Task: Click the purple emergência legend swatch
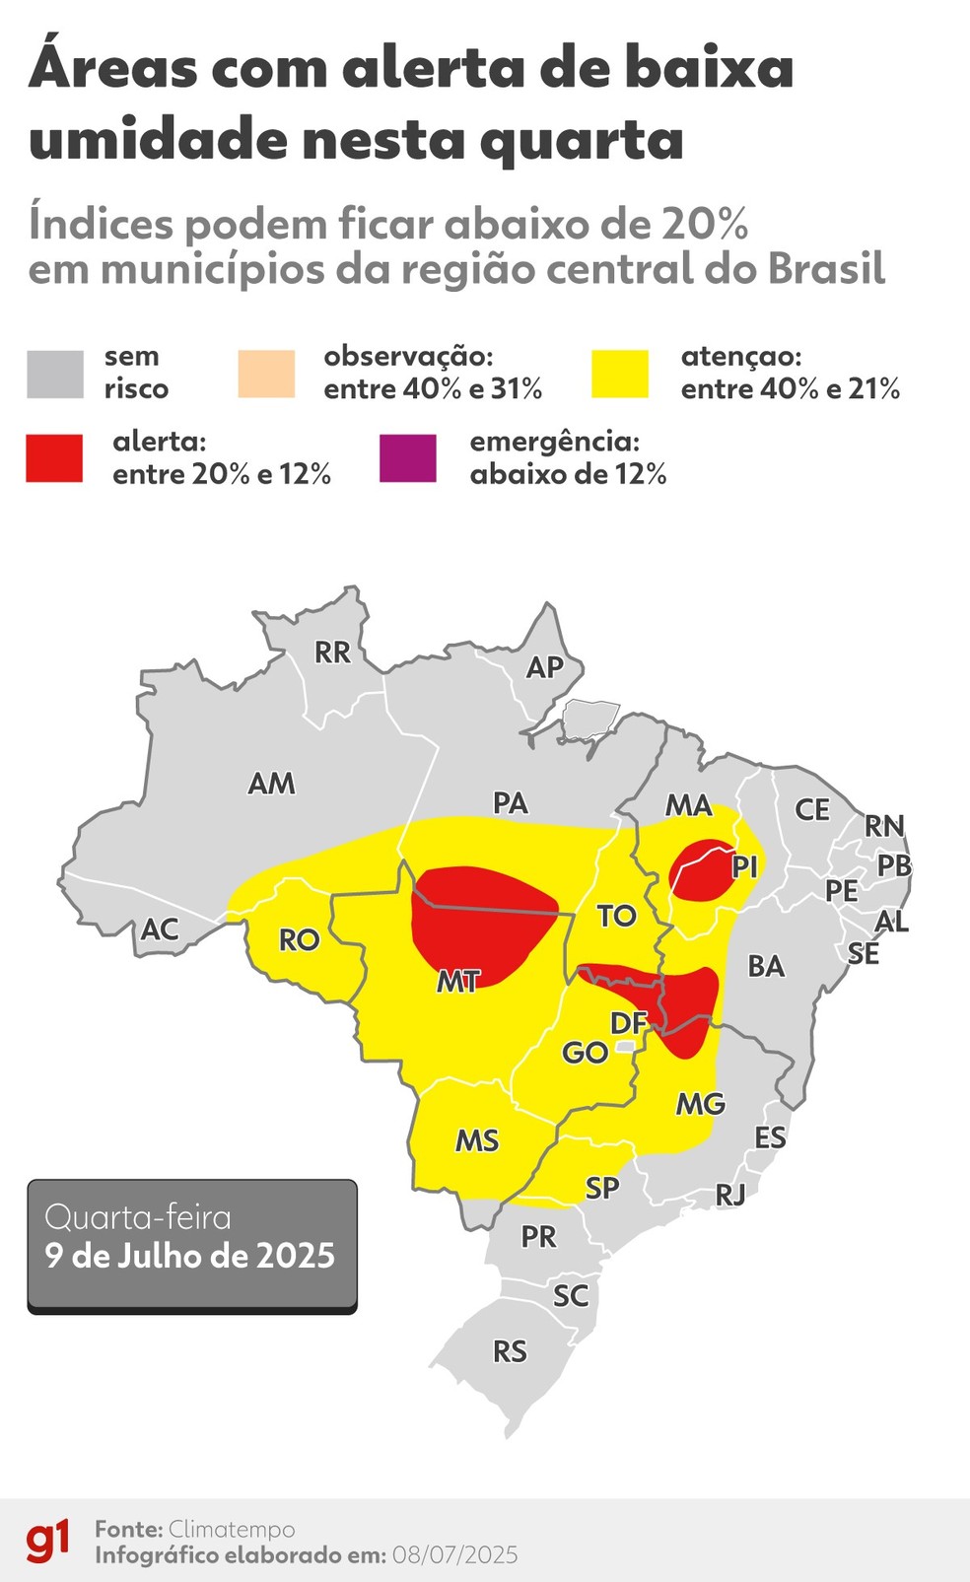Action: [x=407, y=458]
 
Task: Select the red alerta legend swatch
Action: [x=54, y=458]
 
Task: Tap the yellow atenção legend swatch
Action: [x=620, y=374]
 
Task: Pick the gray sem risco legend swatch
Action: [x=55, y=374]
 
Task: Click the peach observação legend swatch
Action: [x=266, y=374]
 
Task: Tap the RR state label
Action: [x=332, y=653]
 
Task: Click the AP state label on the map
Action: [x=544, y=667]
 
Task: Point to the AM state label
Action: [x=271, y=784]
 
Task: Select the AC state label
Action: [x=160, y=929]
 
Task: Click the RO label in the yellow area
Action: [x=299, y=940]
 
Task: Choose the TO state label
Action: [x=616, y=916]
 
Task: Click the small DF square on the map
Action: [x=625, y=1046]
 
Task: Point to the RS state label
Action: [x=510, y=1351]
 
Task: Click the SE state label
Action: [x=864, y=954]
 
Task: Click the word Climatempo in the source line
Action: [x=232, y=1529]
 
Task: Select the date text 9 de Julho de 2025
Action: [x=190, y=1256]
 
